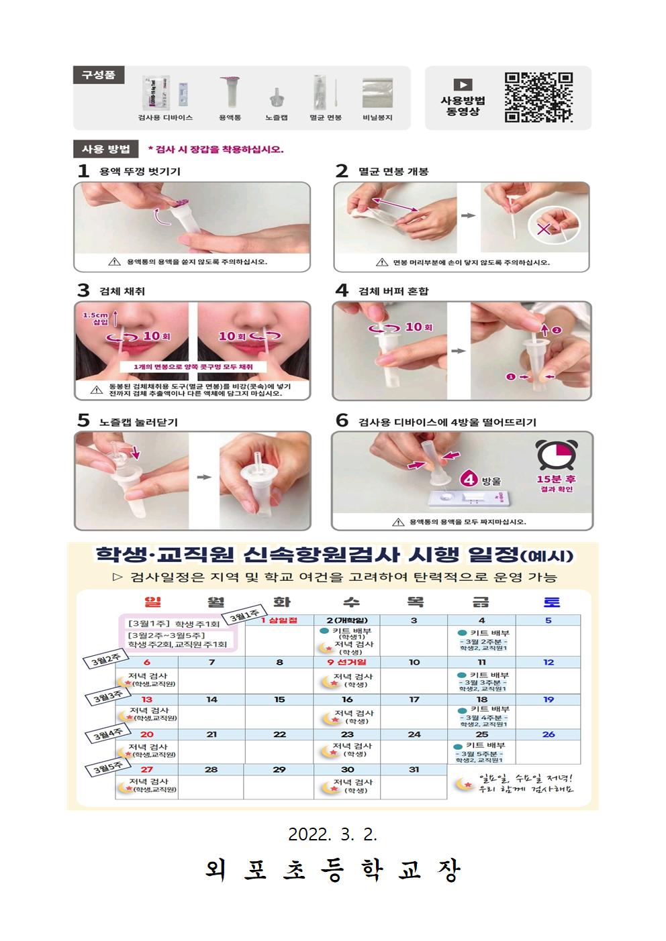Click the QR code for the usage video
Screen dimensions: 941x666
point(538,97)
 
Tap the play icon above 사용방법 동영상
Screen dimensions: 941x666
point(463,85)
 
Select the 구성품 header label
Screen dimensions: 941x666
point(98,74)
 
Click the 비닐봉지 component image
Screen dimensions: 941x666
point(377,93)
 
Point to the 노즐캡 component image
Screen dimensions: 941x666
point(276,97)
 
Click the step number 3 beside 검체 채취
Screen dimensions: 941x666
point(83,290)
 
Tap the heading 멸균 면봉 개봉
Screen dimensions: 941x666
point(393,171)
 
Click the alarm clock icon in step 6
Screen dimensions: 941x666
point(557,456)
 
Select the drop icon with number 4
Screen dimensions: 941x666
point(469,480)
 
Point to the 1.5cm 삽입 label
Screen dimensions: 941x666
point(95,319)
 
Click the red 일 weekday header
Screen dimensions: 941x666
point(153,602)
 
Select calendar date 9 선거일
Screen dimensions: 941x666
point(347,662)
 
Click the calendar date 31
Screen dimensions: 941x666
point(414,769)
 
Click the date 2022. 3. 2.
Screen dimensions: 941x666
point(333,835)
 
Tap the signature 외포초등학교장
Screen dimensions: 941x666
point(333,871)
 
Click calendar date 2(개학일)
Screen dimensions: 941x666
point(347,620)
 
